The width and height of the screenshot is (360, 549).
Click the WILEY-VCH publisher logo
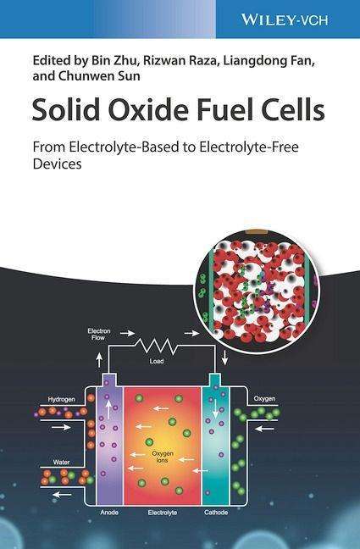tap(285, 19)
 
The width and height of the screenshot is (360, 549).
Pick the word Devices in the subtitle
tap(57, 164)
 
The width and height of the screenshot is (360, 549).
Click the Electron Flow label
tap(99, 334)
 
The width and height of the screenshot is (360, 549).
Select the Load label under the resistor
tap(157, 361)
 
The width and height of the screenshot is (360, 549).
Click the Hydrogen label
tap(61, 399)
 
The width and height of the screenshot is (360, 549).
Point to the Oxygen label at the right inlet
tap(264, 398)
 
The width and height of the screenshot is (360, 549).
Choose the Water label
tap(61, 463)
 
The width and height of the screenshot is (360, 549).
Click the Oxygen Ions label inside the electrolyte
tap(162, 457)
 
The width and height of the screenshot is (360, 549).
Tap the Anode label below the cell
tap(109, 513)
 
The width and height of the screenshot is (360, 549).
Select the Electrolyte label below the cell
tap(162, 513)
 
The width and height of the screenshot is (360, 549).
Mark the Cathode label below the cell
tap(216, 513)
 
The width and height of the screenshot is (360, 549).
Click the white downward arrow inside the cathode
tap(215, 409)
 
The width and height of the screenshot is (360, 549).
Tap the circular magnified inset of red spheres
tap(258, 291)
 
